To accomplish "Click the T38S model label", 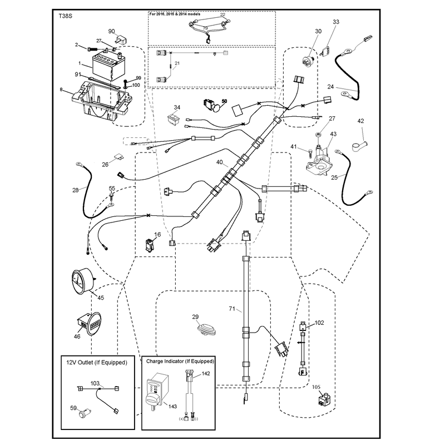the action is [65, 16].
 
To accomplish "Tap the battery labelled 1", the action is [108, 66].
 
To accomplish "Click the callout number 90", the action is [112, 31].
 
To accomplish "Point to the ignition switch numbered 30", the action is [308, 61].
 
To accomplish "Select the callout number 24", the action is [330, 87].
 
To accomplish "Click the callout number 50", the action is [224, 101].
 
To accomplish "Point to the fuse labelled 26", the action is [118, 157].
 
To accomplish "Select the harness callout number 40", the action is [219, 162].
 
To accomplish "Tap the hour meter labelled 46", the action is [89, 324].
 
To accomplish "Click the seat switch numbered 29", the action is [207, 329].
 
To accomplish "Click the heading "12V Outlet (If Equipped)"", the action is [97, 363].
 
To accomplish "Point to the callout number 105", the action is [316, 387].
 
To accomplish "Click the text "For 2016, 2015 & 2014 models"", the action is [175, 14].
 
